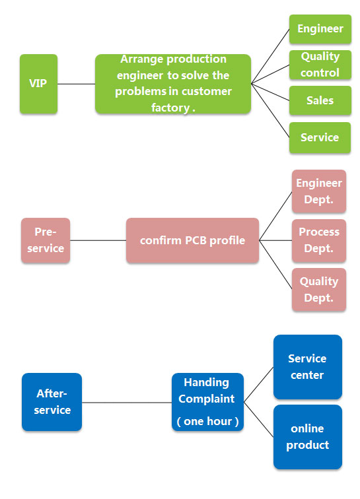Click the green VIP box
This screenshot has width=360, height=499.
pos(38,84)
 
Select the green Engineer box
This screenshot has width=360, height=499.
pos(320,29)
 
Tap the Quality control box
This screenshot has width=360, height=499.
pos(320,65)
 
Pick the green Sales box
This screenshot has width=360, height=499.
pos(320,100)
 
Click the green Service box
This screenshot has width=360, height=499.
pos(320,137)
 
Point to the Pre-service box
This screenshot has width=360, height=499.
pos(46,240)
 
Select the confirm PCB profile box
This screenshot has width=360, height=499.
pos(192,240)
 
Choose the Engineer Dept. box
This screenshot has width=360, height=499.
pos(319,191)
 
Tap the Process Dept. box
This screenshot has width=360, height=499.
pos(319,240)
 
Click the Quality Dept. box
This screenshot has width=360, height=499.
pos(319,289)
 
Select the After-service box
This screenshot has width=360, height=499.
pos(52,402)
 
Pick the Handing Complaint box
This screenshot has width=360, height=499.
pos(207,402)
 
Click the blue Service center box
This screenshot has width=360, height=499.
pos(308,366)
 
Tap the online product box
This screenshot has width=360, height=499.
pos(308,437)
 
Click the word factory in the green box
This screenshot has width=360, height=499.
pos(170,108)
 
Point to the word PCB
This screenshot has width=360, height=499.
pos(196,240)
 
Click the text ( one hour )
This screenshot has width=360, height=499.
pos(207,421)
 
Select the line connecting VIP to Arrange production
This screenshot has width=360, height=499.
pos(76,84)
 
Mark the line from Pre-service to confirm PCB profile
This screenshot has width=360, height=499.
pos(98,240)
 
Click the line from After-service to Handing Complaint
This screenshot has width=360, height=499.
pos(127,403)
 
